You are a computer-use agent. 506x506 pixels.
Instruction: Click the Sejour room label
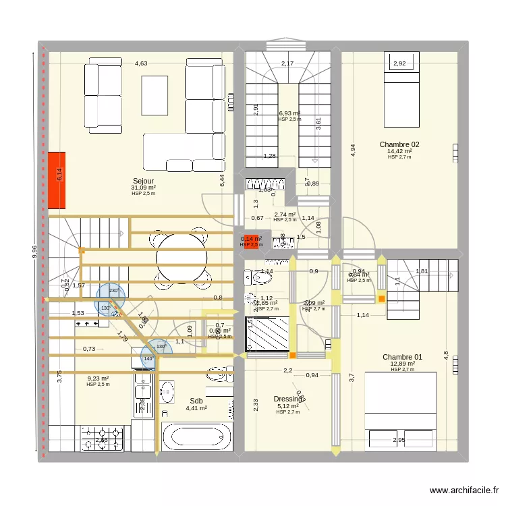[143, 181]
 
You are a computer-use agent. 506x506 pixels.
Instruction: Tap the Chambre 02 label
[399, 144]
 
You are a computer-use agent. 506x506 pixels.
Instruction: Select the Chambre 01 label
[402, 357]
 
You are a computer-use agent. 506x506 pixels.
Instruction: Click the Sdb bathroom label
[196, 401]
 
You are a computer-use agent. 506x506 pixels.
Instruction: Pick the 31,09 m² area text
[143, 188]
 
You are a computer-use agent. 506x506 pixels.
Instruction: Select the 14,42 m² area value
[399, 152]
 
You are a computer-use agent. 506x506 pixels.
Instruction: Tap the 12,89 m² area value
[402, 364]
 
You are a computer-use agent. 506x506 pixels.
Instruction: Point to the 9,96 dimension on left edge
[35, 251]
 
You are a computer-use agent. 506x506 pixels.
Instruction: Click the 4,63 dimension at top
[140, 63]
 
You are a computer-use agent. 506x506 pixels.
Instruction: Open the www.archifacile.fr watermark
[463, 490]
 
